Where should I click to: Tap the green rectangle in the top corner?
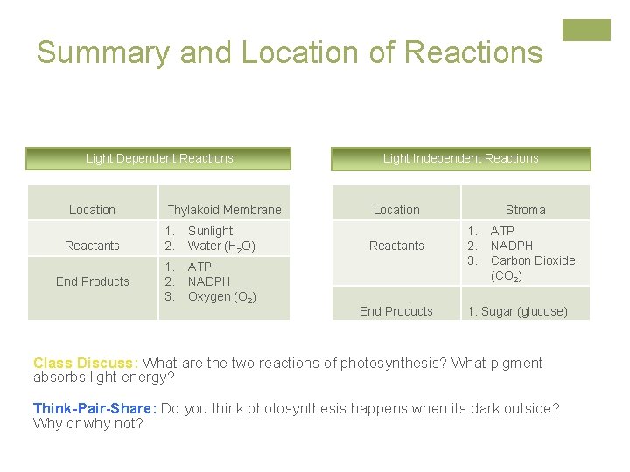[x=586, y=31]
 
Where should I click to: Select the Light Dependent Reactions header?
[x=159, y=158]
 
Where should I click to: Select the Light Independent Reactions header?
[x=460, y=158]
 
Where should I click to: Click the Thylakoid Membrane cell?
[x=224, y=210]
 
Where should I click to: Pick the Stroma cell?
[x=525, y=210]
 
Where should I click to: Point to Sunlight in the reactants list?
[x=210, y=231]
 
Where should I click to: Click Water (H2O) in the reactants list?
[x=221, y=246]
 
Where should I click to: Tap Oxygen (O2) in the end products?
[x=221, y=296]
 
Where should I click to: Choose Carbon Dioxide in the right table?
[x=532, y=260]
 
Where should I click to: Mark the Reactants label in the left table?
[x=92, y=246]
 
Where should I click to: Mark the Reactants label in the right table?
[x=396, y=246]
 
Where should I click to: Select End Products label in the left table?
[x=92, y=281]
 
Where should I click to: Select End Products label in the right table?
[x=396, y=311]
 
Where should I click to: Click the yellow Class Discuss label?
[x=85, y=363]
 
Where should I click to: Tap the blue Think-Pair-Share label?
[x=94, y=408]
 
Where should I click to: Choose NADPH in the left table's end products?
[x=209, y=281]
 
